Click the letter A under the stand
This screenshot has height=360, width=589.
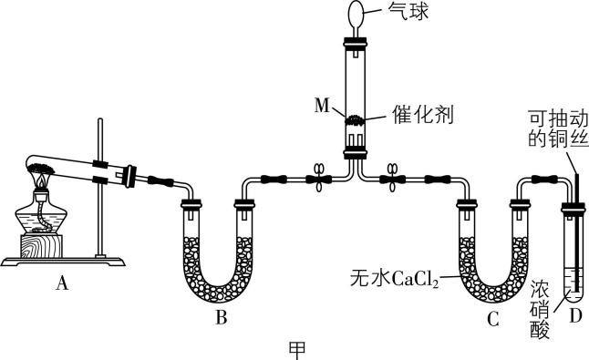(61, 283)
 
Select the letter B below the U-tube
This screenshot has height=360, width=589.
(220, 319)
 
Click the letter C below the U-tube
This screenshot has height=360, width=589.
(493, 319)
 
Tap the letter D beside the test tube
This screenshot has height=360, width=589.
(574, 315)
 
